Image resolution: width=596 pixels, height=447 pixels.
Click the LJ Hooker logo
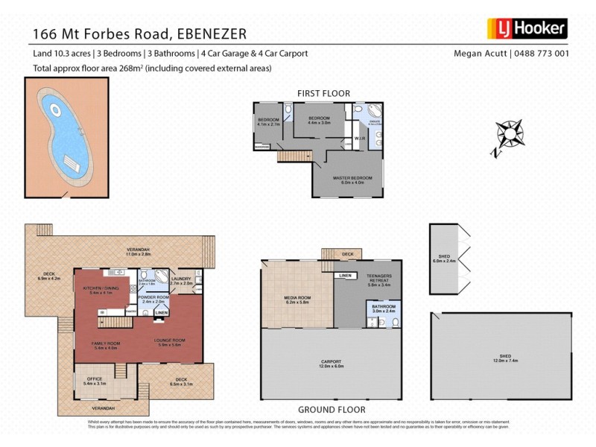527,29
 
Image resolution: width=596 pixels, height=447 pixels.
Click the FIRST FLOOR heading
323,93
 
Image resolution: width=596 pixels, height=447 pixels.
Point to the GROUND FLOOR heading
332,409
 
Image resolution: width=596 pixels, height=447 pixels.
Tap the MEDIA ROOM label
297,299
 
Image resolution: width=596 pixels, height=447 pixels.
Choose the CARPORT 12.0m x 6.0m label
332,364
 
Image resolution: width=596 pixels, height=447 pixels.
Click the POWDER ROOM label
153,299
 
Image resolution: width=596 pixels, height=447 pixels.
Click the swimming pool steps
72,163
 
